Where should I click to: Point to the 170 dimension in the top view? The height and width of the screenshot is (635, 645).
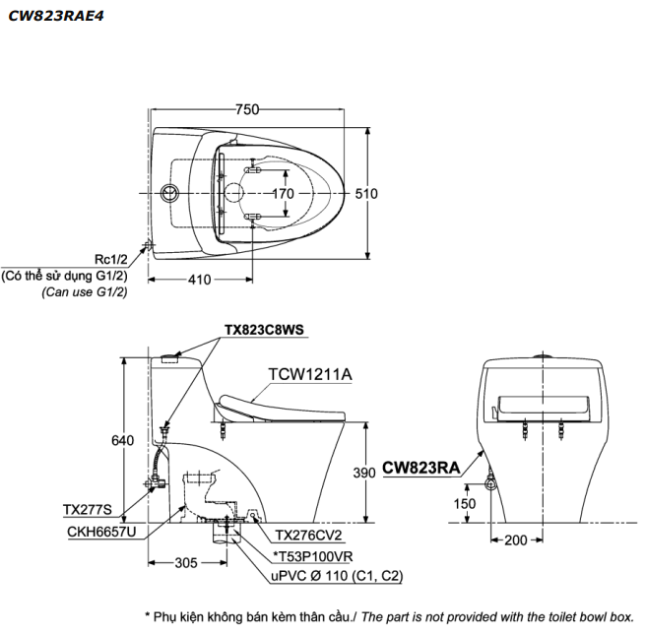pos(283,193)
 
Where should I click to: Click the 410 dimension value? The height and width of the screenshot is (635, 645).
pos(200,279)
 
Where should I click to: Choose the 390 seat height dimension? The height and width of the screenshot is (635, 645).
pos(365,473)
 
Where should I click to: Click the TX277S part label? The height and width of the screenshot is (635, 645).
pos(88,510)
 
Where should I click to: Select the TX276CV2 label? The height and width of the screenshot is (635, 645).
pos(308,537)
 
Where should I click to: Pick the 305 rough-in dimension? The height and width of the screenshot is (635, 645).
pos(186,563)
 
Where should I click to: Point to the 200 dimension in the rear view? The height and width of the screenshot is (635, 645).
pos(515,540)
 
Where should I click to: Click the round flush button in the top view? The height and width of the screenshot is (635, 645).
pos(169,191)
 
